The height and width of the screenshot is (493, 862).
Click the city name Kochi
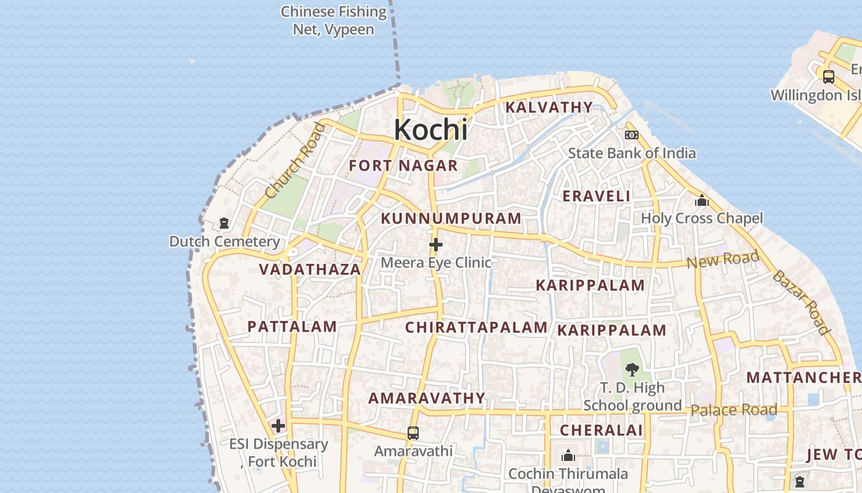coord(430,130)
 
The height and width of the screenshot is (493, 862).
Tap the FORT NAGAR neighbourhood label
coord(403,166)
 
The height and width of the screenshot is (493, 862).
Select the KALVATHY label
coord(549,108)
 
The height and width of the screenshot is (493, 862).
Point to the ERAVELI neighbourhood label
coord(597,197)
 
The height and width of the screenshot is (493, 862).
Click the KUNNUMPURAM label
coord(451,219)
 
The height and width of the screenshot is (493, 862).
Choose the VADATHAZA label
coord(310,270)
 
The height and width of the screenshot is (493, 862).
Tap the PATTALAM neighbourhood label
coord(292,327)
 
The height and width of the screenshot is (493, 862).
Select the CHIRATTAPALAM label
coord(476,328)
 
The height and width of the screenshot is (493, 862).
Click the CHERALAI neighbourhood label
coord(601,431)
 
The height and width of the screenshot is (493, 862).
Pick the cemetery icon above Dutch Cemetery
coord(224,223)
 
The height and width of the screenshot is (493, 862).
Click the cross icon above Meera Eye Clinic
coord(436,245)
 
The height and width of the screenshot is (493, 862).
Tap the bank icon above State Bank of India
coord(632,135)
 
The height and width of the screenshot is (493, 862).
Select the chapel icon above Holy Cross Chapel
coord(701,201)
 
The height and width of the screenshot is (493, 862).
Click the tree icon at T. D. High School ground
coord(632,370)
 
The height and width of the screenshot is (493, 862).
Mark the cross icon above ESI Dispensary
coord(278,426)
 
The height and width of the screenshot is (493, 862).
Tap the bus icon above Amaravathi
coord(413,433)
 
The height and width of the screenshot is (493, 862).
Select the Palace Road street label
coord(734,410)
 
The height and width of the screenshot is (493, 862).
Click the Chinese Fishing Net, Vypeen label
coord(334,20)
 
